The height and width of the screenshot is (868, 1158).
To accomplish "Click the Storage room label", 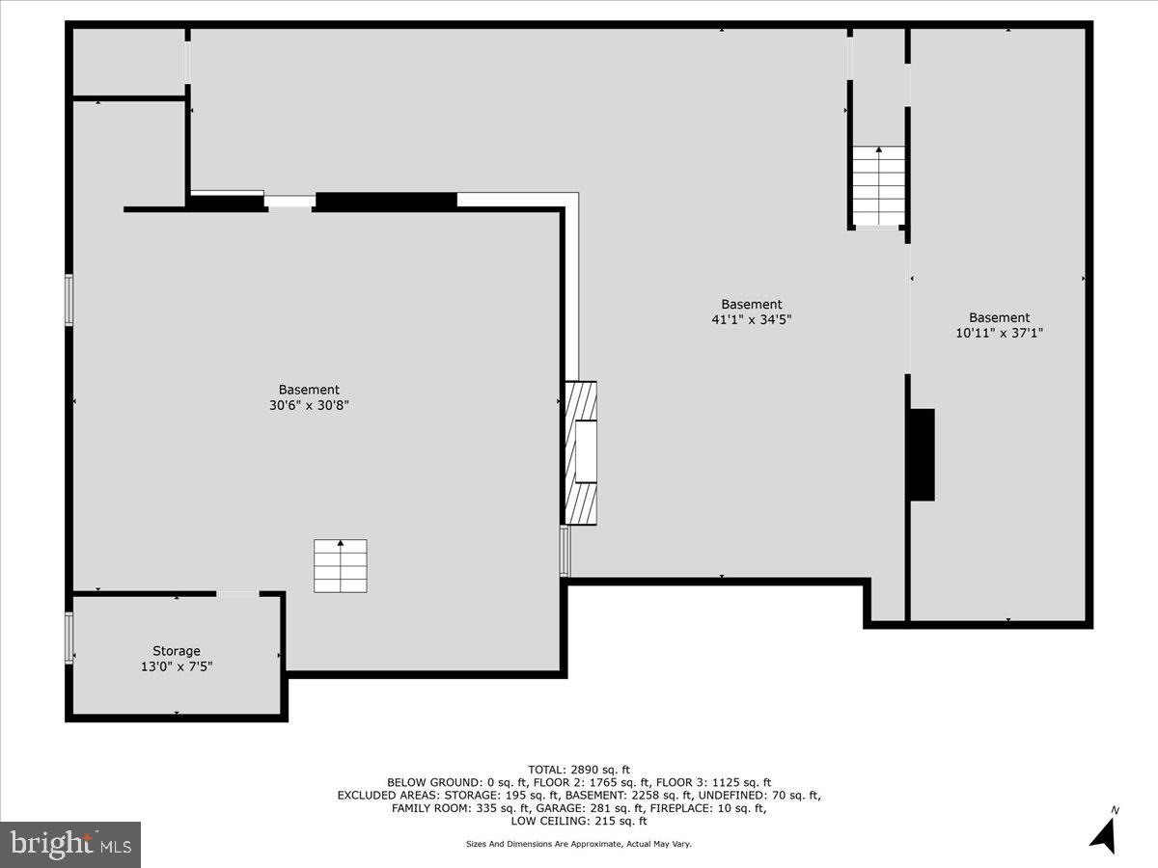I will point(177,651).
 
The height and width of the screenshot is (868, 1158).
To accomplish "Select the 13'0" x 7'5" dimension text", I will point(177,666).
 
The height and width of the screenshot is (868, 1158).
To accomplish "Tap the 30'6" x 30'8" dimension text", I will point(309,406).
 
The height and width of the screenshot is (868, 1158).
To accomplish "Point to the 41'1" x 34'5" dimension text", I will point(752,319).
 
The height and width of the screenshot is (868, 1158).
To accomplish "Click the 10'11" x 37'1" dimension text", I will point(1000,333).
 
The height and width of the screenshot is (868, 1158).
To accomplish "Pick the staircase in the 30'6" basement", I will point(341,566).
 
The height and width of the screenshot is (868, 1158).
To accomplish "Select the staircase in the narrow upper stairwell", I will point(878,184).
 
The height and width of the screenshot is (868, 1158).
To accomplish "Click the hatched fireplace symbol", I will point(581,452).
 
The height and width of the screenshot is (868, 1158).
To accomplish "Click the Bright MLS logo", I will point(70,844).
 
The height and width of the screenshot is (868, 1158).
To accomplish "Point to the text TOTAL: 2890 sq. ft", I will point(579,769).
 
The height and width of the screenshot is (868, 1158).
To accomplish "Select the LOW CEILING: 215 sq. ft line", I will point(579,821).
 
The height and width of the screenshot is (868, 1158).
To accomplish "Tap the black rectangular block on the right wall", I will point(922,454).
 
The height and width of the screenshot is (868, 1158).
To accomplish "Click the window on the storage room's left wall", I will point(69,638).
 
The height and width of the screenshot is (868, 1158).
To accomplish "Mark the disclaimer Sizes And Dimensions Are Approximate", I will point(579,844).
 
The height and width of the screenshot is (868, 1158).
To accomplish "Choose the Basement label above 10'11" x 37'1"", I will point(1000,317).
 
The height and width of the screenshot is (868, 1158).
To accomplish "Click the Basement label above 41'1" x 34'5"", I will point(752,304).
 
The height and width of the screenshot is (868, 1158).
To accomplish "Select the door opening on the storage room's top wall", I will point(237,594).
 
